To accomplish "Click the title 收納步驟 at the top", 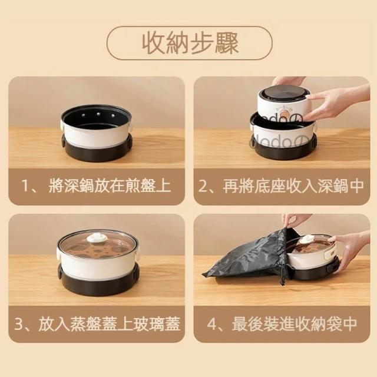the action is tap(190, 43).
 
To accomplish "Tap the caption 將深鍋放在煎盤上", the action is tap(110, 186).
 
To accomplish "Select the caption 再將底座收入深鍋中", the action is tap(293, 186).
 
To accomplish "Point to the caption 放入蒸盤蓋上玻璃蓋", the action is tap(109, 324).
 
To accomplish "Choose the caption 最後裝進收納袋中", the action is tap(295, 324).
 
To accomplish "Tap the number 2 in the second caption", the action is tap(203, 186).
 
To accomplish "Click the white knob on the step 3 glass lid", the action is tap(97, 238).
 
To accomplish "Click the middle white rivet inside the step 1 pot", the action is tap(98, 113).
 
